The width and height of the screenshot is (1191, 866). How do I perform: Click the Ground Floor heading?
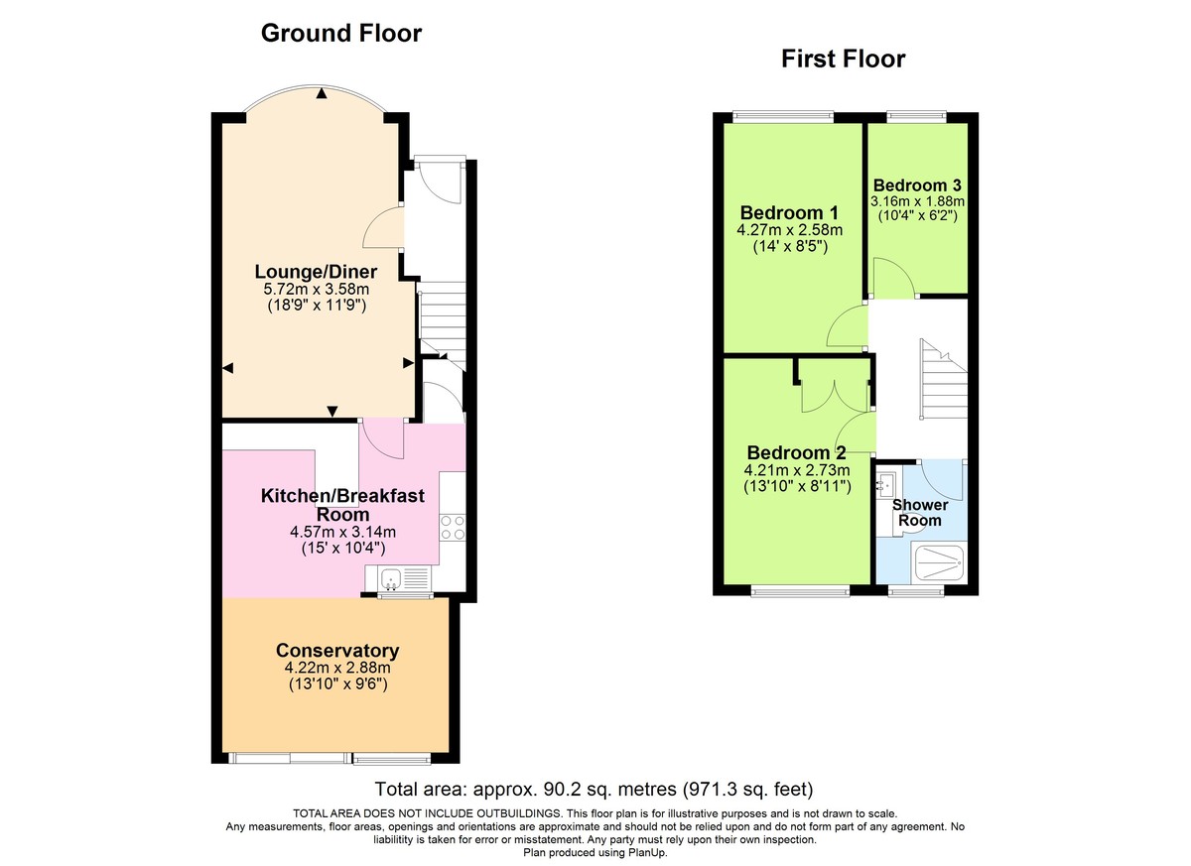[340, 34]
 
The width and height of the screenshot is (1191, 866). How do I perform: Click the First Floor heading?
[843, 60]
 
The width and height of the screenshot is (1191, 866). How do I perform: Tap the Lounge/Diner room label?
[317, 272]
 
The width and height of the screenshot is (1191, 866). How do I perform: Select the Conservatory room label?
[337, 651]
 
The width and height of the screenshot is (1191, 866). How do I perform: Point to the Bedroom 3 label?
[916, 186]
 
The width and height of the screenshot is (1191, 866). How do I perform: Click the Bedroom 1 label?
[790, 213]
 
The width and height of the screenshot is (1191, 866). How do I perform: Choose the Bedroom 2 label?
[796, 452]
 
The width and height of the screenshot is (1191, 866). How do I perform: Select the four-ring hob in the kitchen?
[453, 528]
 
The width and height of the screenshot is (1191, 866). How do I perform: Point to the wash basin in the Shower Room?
[886, 485]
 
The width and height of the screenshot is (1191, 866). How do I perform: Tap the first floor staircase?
[943, 381]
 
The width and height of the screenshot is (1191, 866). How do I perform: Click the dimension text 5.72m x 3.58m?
[317, 290]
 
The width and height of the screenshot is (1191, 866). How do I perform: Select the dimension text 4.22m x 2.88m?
[337, 668]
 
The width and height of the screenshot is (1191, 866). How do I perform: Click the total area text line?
[595, 791]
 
